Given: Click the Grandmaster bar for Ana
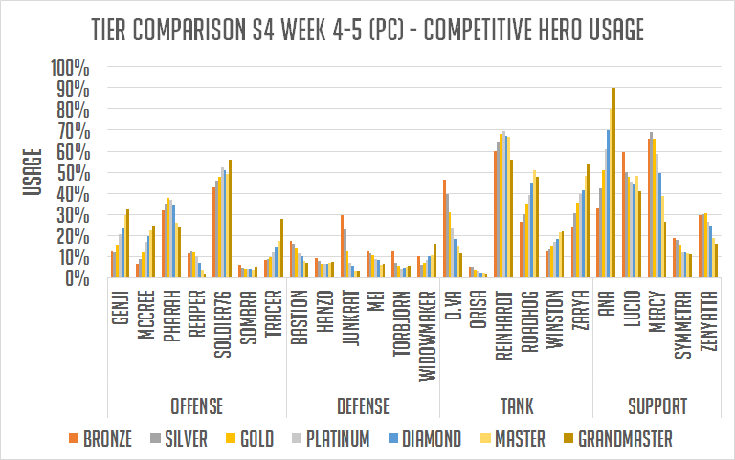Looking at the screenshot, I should pyautogui.click(x=614, y=183).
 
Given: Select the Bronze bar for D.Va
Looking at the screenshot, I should pyautogui.click(x=444, y=229).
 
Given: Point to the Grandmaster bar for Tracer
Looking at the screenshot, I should pyautogui.click(x=281, y=249).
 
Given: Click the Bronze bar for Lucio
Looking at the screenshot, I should pyautogui.click(x=623, y=215).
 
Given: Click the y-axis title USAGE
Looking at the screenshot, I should pyautogui.click(x=31, y=172).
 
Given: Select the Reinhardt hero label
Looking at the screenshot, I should pyautogui.click(x=501, y=323).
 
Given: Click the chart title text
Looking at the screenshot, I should pyautogui.click(x=367, y=30).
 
